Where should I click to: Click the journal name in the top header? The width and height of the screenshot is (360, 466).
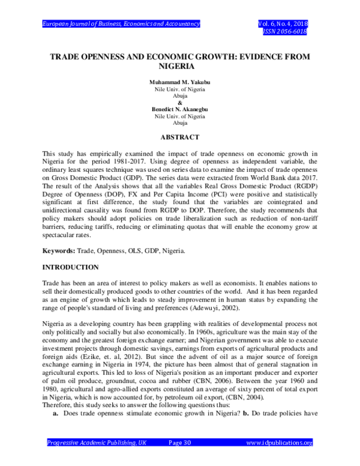(121, 23)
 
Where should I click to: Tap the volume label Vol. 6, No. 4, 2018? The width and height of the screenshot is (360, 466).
(281, 23)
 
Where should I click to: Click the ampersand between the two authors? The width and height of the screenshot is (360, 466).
(180, 101)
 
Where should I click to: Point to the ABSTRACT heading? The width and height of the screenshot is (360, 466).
(180, 137)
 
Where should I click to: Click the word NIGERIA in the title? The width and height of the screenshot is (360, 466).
(180, 67)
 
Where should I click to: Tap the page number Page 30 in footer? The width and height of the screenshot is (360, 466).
(180, 460)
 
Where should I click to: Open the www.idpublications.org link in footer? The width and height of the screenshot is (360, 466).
(280, 460)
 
